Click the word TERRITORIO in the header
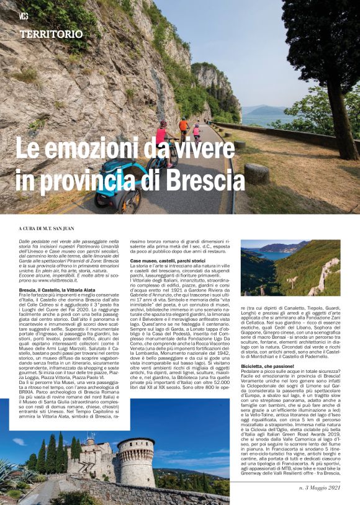click(x=51, y=34)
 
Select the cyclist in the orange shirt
click(x=184, y=127)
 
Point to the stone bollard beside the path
click(x=256, y=174)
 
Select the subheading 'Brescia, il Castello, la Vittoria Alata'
click(x=60, y=290)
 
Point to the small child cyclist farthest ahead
click(x=197, y=132)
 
